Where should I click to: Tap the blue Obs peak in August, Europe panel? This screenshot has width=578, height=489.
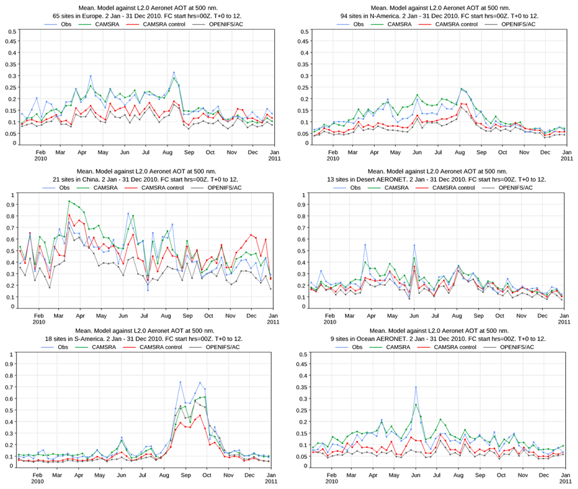[x=174, y=72]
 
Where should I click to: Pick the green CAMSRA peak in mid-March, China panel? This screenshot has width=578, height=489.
[x=70, y=201]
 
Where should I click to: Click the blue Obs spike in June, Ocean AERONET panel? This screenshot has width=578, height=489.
[x=416, y=387]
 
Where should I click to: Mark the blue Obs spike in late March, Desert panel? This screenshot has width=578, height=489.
[x=365, y=244]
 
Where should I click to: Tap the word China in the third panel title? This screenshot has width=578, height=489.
[x=113, y=179]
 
